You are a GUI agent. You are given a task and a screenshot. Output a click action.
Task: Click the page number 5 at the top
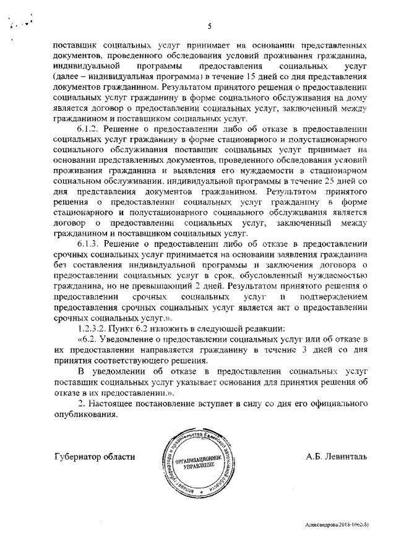point(210,25)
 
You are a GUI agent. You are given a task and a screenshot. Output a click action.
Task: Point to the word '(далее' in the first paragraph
point(66,76)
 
